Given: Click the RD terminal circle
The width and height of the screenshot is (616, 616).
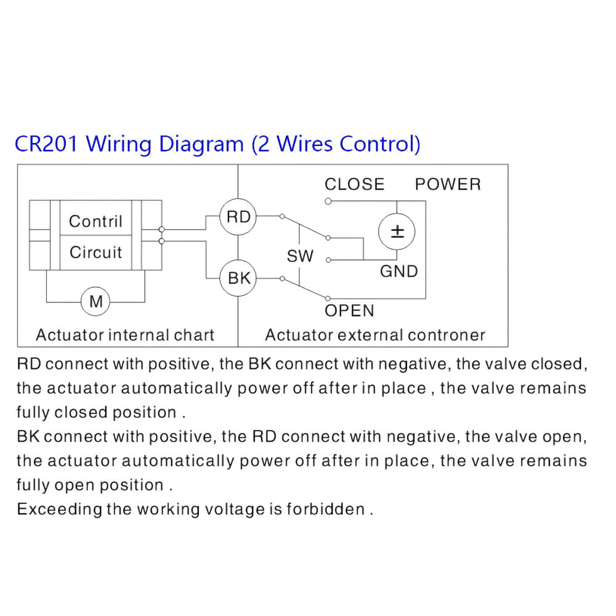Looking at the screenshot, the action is click(238, 217).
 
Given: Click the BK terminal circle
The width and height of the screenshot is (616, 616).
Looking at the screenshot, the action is click(238, 278).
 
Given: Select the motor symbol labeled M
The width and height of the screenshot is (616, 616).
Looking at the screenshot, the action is click(95, 301).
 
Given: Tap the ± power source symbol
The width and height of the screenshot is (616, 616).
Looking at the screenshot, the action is click(397, 232).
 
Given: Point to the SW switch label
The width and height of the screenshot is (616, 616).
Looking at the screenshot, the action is click(300, 256).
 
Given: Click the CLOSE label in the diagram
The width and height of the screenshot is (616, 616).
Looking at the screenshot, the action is click(354, 184).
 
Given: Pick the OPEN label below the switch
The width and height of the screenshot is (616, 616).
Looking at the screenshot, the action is click(349, 310).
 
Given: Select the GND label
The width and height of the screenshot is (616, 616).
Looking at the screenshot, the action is click(399, 272).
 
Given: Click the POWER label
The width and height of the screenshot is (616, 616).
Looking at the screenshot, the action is click(448, 184).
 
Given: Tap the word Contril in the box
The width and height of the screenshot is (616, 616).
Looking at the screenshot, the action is click(95, 221).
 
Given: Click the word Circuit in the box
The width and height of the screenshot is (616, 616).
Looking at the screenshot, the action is click(95, 252).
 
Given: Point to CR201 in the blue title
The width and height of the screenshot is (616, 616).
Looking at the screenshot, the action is click(46, 144).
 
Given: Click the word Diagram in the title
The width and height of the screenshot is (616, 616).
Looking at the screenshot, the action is click(201, 144).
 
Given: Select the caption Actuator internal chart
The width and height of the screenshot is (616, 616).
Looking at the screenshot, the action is click(125, 335).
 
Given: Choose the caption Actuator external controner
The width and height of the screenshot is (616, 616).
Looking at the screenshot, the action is click(375, 335).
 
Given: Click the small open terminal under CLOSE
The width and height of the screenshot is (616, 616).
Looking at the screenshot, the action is click(328, 201).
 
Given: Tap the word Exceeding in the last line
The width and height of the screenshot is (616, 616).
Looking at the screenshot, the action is click(59, 509).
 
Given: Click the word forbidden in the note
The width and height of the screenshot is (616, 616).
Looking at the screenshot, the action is click(326, 509).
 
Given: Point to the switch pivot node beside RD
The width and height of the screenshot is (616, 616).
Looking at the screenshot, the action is click(282, 216).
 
